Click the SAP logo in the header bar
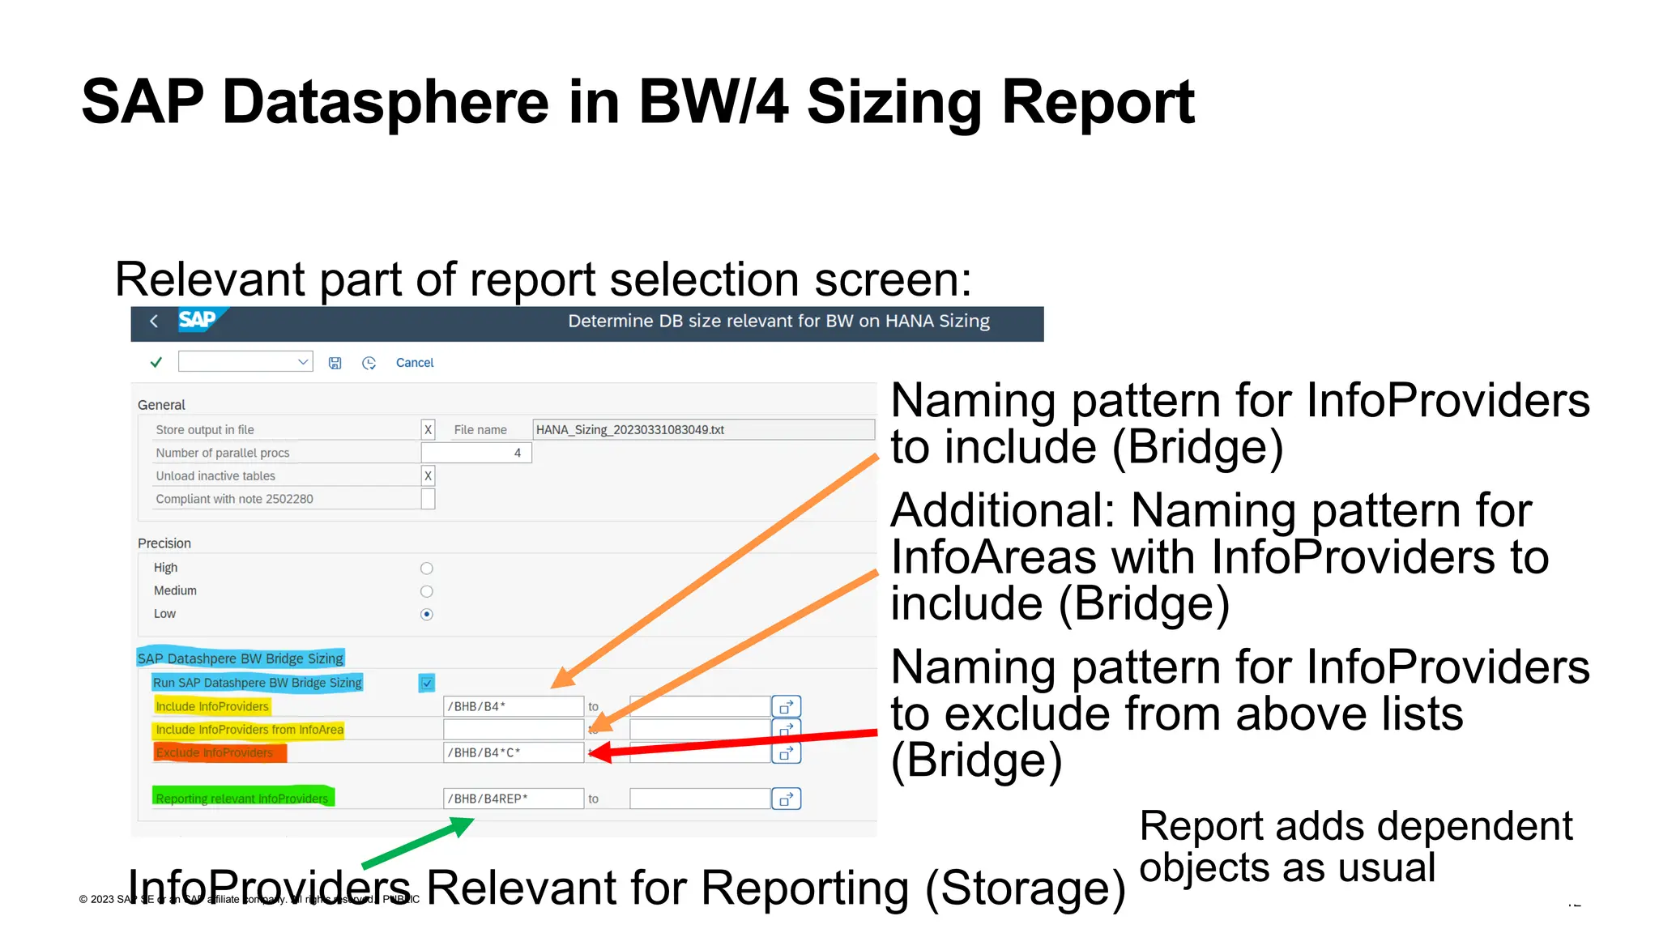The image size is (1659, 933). pyautogui.click(x=198, y=320)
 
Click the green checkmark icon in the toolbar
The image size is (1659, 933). pyautogui.click(x=156, y=362)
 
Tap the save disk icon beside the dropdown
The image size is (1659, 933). pyautogui.click(x=335, y=363)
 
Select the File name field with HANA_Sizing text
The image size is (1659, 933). pyautogui.click(x=702, y=429)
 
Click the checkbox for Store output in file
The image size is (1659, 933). pyautogui.click(x=428, y=429)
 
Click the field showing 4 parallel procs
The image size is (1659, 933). pyautogui.click(x=476, y=453)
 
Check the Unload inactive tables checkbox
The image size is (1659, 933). pyautogui.click(x=428, y=475)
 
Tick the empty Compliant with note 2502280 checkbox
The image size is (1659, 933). pyautogui.click(x=428, y=499)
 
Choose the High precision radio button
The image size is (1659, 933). pyautogui.click(x=427, y=569)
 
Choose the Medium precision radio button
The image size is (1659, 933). pyautogui.click(x=427, y=591)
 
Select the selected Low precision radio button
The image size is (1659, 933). pyautogui.click(x=427, y=614)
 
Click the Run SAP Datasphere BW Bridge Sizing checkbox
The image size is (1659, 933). pyautogui.click(x=427, y=683)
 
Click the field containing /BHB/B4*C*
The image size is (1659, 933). pyautogui.click(x=513, y=752)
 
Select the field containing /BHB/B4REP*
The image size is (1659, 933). pyautogui.click(x=513, y=799)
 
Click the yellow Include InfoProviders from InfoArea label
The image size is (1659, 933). pyautogui.click(x=249, y=730)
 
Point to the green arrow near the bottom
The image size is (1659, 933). pyautogui.click(x=418, y=843)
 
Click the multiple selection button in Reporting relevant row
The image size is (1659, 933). pyautogui.click(x=786, y=799)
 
